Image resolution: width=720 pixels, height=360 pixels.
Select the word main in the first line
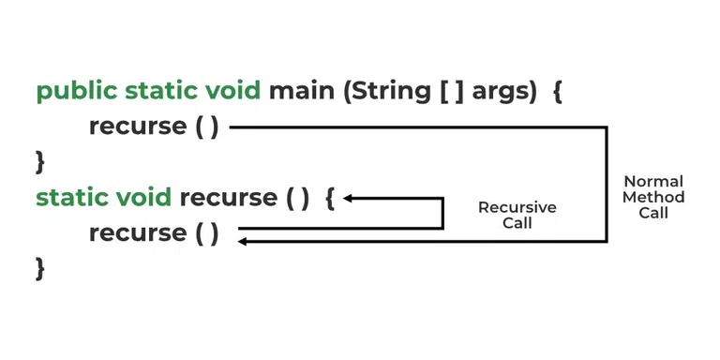(292, 92)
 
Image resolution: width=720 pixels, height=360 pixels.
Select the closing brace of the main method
(40, 161)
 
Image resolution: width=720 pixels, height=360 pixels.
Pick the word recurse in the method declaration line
(228, 198)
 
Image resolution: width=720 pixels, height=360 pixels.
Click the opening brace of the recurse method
(329, 198)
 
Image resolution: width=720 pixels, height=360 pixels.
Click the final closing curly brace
(40, 268)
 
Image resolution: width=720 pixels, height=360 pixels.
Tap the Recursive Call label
(517, 215)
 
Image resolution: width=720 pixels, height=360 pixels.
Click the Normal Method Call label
(653, 197)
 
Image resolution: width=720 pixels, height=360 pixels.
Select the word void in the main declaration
(232, 92)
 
